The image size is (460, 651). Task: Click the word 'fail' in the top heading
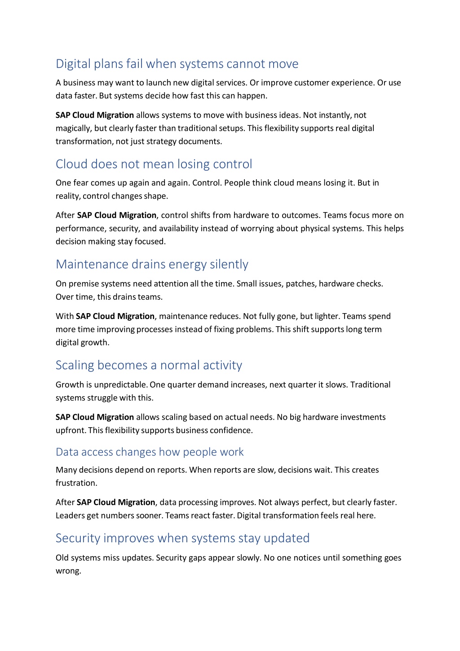pyautogui.click(x=134, y=64)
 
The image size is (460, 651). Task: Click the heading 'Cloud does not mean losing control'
pyautogui.click(x=154, y=164)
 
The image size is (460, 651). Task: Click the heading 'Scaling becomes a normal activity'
pyautogui.click(x=149, y=365)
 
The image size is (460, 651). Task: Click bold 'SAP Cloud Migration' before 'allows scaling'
pyautogui.click(x=95, y=417)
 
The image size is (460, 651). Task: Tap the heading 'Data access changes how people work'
pyautogui.click(x=150, y=452)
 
